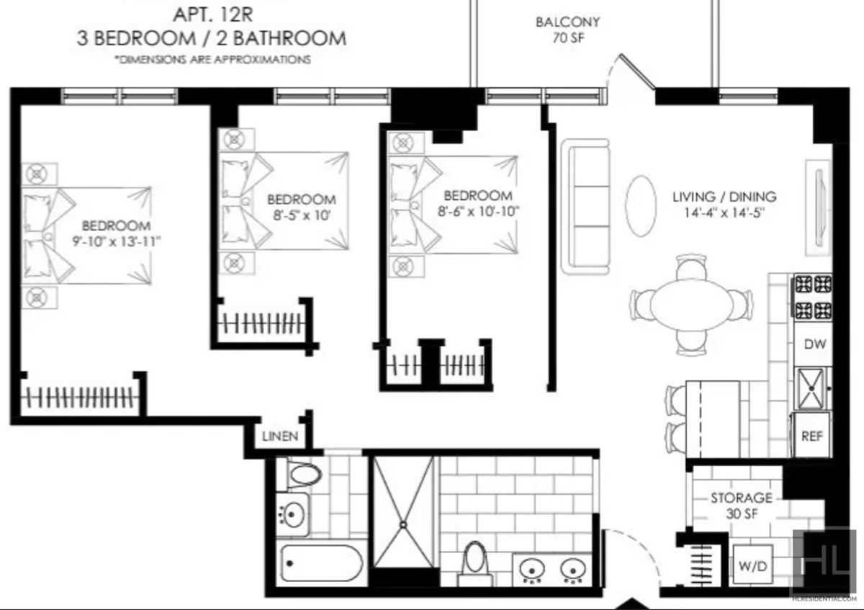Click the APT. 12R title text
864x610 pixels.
click(213, 14)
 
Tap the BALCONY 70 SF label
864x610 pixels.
click(568, 30)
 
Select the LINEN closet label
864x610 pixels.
click(280, 436)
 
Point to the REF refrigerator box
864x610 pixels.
click(811, 436)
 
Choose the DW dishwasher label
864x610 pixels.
click(814, 344)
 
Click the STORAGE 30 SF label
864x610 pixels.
click(742, 506)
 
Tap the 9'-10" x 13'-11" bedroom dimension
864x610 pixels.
click(116, 242)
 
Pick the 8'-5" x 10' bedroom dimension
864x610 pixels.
click(302, 215)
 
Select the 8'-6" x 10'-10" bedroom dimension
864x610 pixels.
click(478, 212)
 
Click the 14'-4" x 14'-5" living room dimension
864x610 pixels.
click(724, 212)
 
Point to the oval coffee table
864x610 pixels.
click(641, 206)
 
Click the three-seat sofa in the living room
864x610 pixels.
click(585, 207)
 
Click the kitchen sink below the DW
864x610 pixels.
click(811, 389)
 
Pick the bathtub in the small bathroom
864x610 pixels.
click(321, 563)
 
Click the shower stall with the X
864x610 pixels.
click(403, 512)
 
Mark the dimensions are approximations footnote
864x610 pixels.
click(213, 60)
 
